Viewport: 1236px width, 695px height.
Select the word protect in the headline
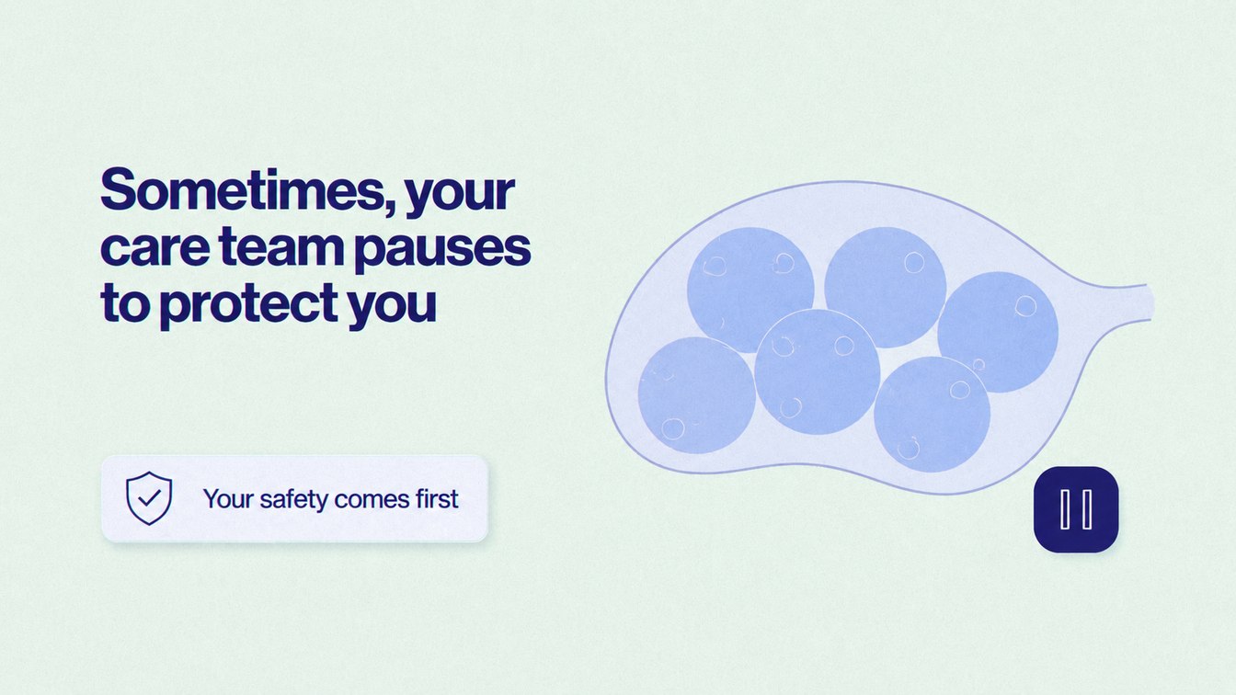coord(249,305)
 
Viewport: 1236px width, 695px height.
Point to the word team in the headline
coord(281,247)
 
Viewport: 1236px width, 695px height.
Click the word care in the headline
coord(155,250)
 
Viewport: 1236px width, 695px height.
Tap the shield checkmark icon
coord(149,498)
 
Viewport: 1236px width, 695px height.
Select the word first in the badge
coord(437,498)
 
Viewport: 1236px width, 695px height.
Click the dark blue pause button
coord(1076,509)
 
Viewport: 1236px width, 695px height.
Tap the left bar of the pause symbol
coord(1065,509)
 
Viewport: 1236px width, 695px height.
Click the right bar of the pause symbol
coord(1087,509)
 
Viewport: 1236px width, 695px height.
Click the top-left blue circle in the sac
coord(750,291)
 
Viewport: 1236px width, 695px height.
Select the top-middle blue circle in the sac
coord(886,288)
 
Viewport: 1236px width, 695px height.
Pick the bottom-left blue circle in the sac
coord(697,395)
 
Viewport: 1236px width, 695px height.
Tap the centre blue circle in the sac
coord(818,371)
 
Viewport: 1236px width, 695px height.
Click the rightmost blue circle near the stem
coord(998,332)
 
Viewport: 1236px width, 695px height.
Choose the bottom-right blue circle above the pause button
coord(932,415)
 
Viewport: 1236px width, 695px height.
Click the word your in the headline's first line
coord(460,195)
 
